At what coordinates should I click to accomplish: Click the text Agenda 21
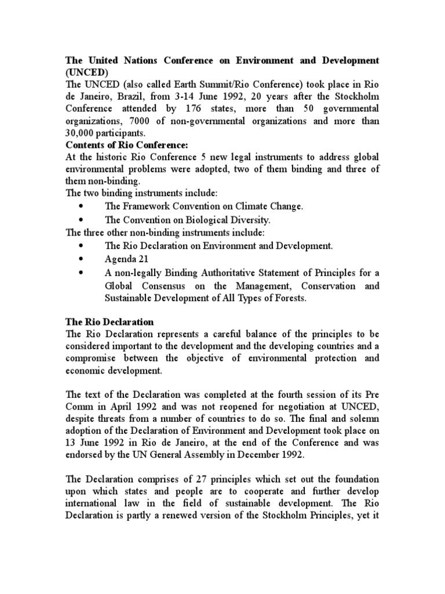[x=121, y=259]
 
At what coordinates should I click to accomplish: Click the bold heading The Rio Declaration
[x=109, y=322]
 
